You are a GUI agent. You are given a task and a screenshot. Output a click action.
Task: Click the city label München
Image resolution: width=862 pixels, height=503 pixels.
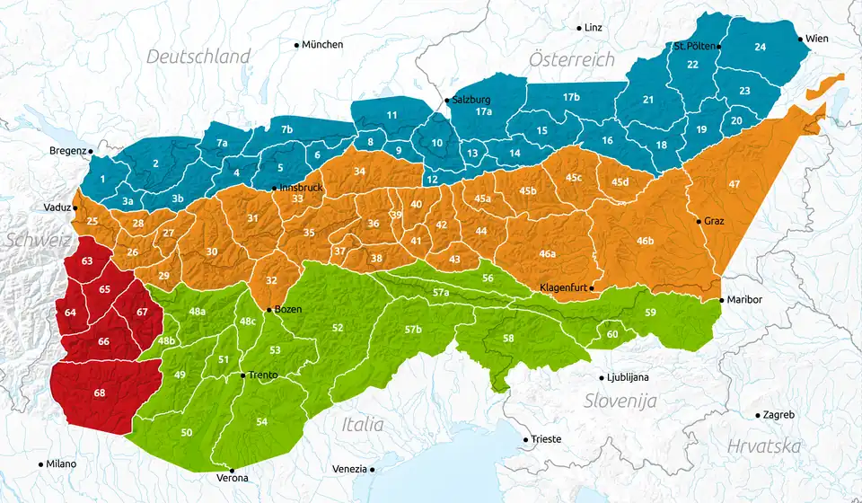click(x=322, y=44)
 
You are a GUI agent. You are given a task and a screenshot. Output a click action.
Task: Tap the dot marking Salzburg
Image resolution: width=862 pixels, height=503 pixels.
click(x=447, y=100)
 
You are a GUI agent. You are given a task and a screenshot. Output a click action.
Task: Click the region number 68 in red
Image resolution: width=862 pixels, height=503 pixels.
click(x=99, y=393)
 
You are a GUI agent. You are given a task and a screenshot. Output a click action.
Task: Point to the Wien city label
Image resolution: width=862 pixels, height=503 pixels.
click(x=817, y=39)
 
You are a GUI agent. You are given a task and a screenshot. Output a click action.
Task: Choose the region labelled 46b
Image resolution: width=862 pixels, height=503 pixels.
click(x=645, y=241)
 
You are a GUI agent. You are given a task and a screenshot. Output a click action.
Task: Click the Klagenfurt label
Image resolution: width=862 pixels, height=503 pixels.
click(x=563, y=287)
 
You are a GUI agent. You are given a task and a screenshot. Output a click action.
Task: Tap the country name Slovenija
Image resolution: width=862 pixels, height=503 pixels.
click(x=620, y=401)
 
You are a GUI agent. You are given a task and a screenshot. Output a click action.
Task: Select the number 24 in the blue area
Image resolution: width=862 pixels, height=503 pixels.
click(x=760, y=46)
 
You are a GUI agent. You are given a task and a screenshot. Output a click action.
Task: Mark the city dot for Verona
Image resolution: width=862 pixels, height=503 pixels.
click(x=232, y=470)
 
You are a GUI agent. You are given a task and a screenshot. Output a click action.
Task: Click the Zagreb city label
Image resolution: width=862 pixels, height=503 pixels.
click(x=778, y=415)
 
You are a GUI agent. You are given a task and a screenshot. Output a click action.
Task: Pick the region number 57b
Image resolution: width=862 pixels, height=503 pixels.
click(x=413, y=330)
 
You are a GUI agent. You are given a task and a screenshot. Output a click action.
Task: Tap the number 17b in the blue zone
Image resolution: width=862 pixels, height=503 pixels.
click(x=571, y=96)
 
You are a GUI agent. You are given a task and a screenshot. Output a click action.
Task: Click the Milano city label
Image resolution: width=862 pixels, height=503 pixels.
click(x=61, y=464)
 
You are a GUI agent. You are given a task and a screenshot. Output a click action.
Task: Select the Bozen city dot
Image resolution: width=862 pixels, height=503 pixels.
click(x=268, y=309)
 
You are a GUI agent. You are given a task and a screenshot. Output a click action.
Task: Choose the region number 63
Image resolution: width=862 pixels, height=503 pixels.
click(x=87, y=260)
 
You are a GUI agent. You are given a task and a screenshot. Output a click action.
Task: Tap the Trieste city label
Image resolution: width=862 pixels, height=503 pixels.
click(x=546, y=439)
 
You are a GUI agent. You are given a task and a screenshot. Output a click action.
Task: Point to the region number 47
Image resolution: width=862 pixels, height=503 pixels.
click(x=734, y=184)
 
